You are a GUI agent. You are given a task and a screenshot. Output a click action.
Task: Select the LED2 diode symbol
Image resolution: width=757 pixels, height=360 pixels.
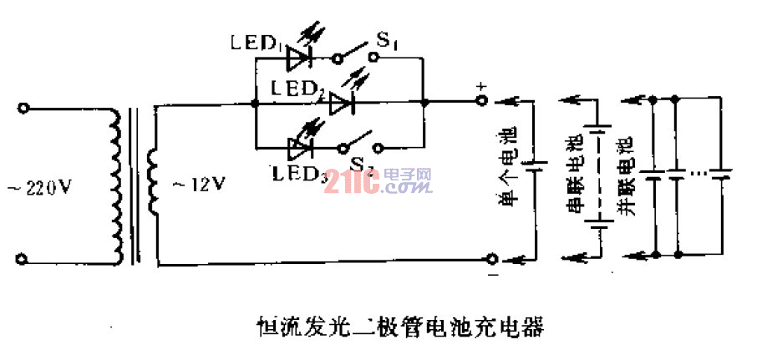343,103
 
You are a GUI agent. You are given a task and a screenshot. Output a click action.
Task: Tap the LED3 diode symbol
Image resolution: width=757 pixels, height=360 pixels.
300,149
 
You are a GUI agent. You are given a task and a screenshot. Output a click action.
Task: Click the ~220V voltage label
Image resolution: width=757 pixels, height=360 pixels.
48,189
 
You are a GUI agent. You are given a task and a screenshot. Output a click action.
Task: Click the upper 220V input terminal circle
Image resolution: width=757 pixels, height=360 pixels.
25,109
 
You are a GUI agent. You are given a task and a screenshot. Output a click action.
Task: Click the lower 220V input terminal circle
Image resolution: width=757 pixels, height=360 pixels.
25,259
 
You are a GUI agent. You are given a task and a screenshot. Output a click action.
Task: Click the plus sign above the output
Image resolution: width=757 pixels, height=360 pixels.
480,86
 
